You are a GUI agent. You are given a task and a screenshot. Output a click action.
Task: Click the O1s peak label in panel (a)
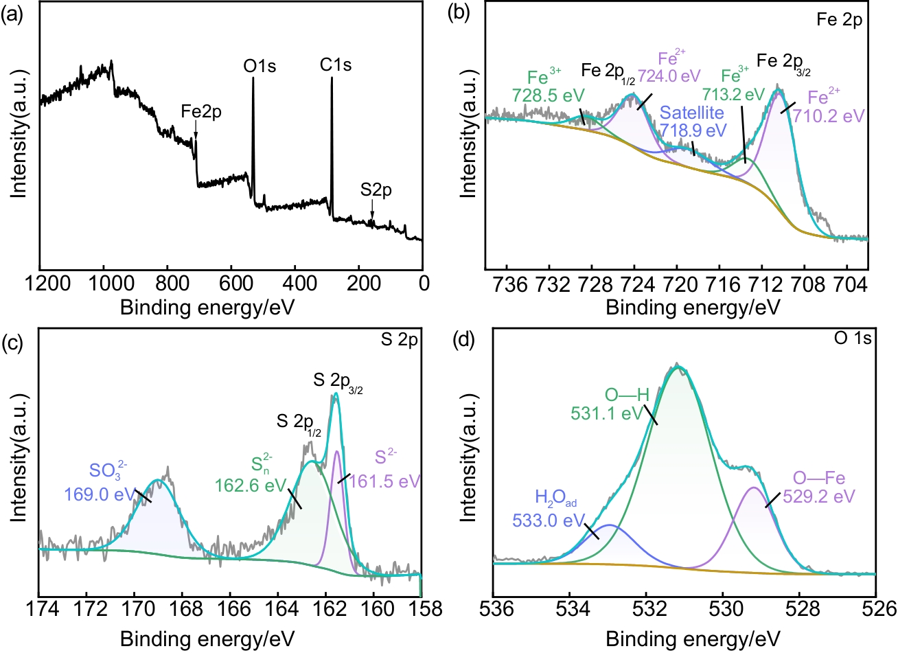click(260, 67)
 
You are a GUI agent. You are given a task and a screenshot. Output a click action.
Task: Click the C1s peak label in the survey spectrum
click(336, 65)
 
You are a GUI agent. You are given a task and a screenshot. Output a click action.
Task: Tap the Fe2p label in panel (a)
click(201, 112)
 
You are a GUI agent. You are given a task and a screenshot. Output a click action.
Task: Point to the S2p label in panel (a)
click(376, 190)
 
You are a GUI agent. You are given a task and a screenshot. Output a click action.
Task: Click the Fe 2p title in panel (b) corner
click(839, 20)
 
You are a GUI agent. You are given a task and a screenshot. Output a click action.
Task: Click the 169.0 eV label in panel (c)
click(100, 494)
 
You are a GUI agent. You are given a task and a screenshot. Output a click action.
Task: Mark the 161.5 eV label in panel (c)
click(385, 481)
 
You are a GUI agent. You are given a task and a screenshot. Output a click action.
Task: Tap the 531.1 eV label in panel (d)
click(607, 414)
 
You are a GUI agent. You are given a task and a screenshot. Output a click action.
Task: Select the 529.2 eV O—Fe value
click(823, 496)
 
